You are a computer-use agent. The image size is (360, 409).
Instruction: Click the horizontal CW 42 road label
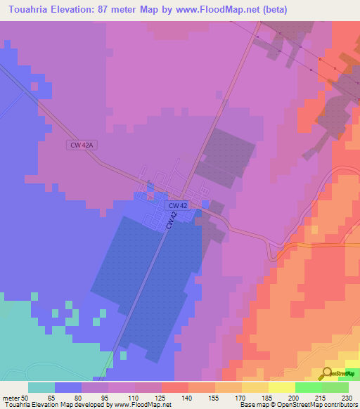tap(178, 205)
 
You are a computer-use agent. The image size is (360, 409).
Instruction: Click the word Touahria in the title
tap(27, 10)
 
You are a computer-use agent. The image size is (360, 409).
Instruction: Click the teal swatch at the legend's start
tap(41, 387)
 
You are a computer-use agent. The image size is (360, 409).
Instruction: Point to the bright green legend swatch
tap(308, 387)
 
